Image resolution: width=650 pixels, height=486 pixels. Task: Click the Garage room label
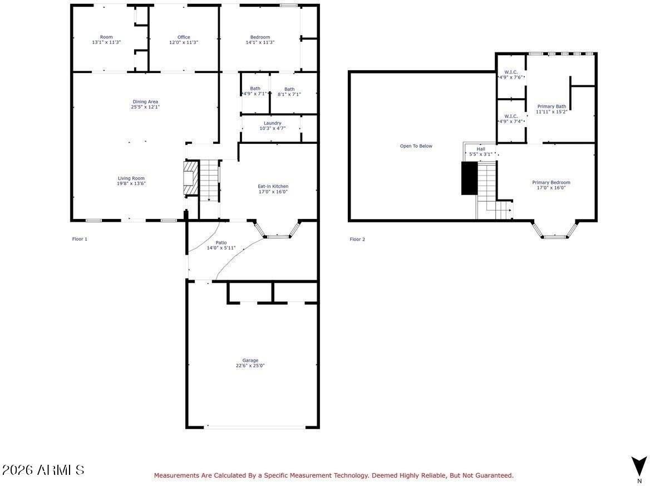[x=250, y=360]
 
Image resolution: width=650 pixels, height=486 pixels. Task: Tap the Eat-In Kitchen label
[x=273, y=186]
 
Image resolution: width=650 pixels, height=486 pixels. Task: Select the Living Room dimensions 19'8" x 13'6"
[x=131, y=183]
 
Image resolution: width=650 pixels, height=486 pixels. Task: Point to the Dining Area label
[x=145, y=101]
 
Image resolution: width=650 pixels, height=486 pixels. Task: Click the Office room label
[x=184, y=37]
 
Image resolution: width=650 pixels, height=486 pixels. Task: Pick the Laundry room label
[x=272, y=123]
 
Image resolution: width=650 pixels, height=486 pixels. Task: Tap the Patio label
[x=221, y=243]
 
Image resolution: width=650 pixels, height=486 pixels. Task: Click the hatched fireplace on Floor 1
[x=191, y=178]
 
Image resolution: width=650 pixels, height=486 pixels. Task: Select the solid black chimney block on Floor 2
[x=469, y=178]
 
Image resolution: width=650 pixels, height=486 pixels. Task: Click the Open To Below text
[x=416, y=146]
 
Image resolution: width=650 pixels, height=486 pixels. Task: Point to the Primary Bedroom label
[x=551, y=182]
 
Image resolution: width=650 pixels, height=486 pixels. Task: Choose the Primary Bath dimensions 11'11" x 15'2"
[x=551, y=111]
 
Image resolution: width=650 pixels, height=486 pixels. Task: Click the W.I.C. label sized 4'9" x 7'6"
[x=511, y=72]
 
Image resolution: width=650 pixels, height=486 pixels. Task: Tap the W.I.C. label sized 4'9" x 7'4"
[x=511, y=116]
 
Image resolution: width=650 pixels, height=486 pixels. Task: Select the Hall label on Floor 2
[x=481, y=149]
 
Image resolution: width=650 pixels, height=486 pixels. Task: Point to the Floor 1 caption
[x=80, y=239]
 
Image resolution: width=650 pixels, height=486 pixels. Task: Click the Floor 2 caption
[x=357, y=239]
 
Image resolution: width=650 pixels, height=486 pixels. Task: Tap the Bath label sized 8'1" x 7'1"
[x=289, y=89]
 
